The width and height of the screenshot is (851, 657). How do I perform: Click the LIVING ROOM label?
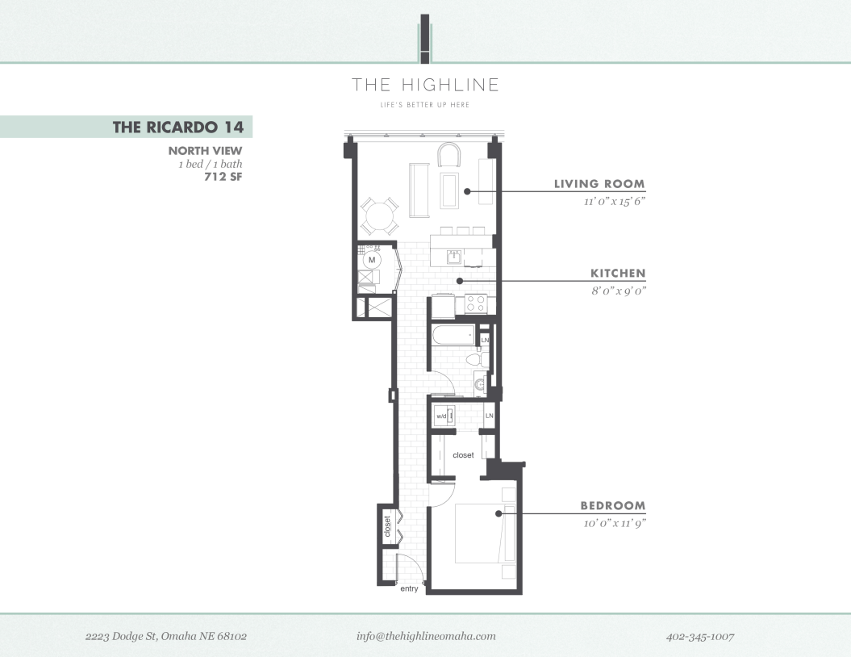[x=599, y=184]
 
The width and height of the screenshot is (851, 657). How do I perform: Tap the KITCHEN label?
[x=618, y=274]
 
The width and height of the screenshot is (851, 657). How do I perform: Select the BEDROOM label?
[x=613, y=506]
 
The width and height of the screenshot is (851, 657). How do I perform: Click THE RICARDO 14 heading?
[x=177, y=127]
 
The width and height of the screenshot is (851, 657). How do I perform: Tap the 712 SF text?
[x=223, y=177]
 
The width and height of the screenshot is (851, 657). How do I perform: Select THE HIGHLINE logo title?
[x=425, y=85]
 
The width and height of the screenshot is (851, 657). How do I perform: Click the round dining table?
[x=379, y=216]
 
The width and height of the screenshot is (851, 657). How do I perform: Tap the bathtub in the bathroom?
[x=452, y=335]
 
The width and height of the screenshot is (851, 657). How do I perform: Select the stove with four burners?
[x=476, y=304]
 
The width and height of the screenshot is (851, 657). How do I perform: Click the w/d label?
[x=441, y=416]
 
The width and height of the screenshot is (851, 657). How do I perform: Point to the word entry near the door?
[x=409, y=589]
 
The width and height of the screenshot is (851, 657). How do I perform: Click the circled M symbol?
[x=372, y=261]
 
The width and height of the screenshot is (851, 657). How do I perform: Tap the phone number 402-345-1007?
[x=700, y=637]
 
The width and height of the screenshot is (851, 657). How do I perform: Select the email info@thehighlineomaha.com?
[x=426, y=636]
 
